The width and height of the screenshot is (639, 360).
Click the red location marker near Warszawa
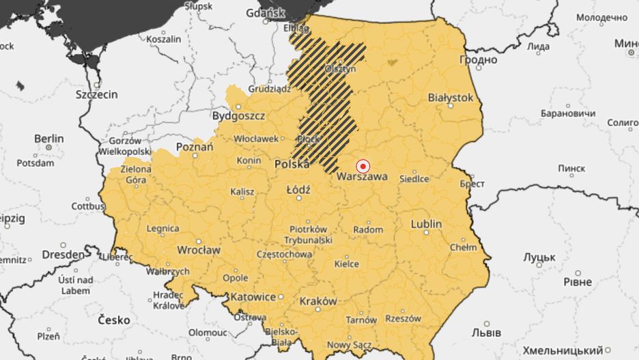coord(363,166)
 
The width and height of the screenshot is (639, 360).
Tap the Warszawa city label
coord(361,176)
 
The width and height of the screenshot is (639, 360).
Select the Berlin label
coord(48,139)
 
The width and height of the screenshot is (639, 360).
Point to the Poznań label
coord(190,147)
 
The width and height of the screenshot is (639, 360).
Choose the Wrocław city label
coord(198,250)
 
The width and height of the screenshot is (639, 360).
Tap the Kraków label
coord(318,301)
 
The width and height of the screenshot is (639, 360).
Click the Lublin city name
coord(426,224)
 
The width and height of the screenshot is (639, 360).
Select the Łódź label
coord(298,189)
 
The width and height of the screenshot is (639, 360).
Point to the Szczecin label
coord(96,94)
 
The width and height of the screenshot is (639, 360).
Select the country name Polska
coord(292,165)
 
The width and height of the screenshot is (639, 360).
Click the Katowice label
coord(253,297)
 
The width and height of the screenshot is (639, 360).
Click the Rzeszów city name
coord(401,318)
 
